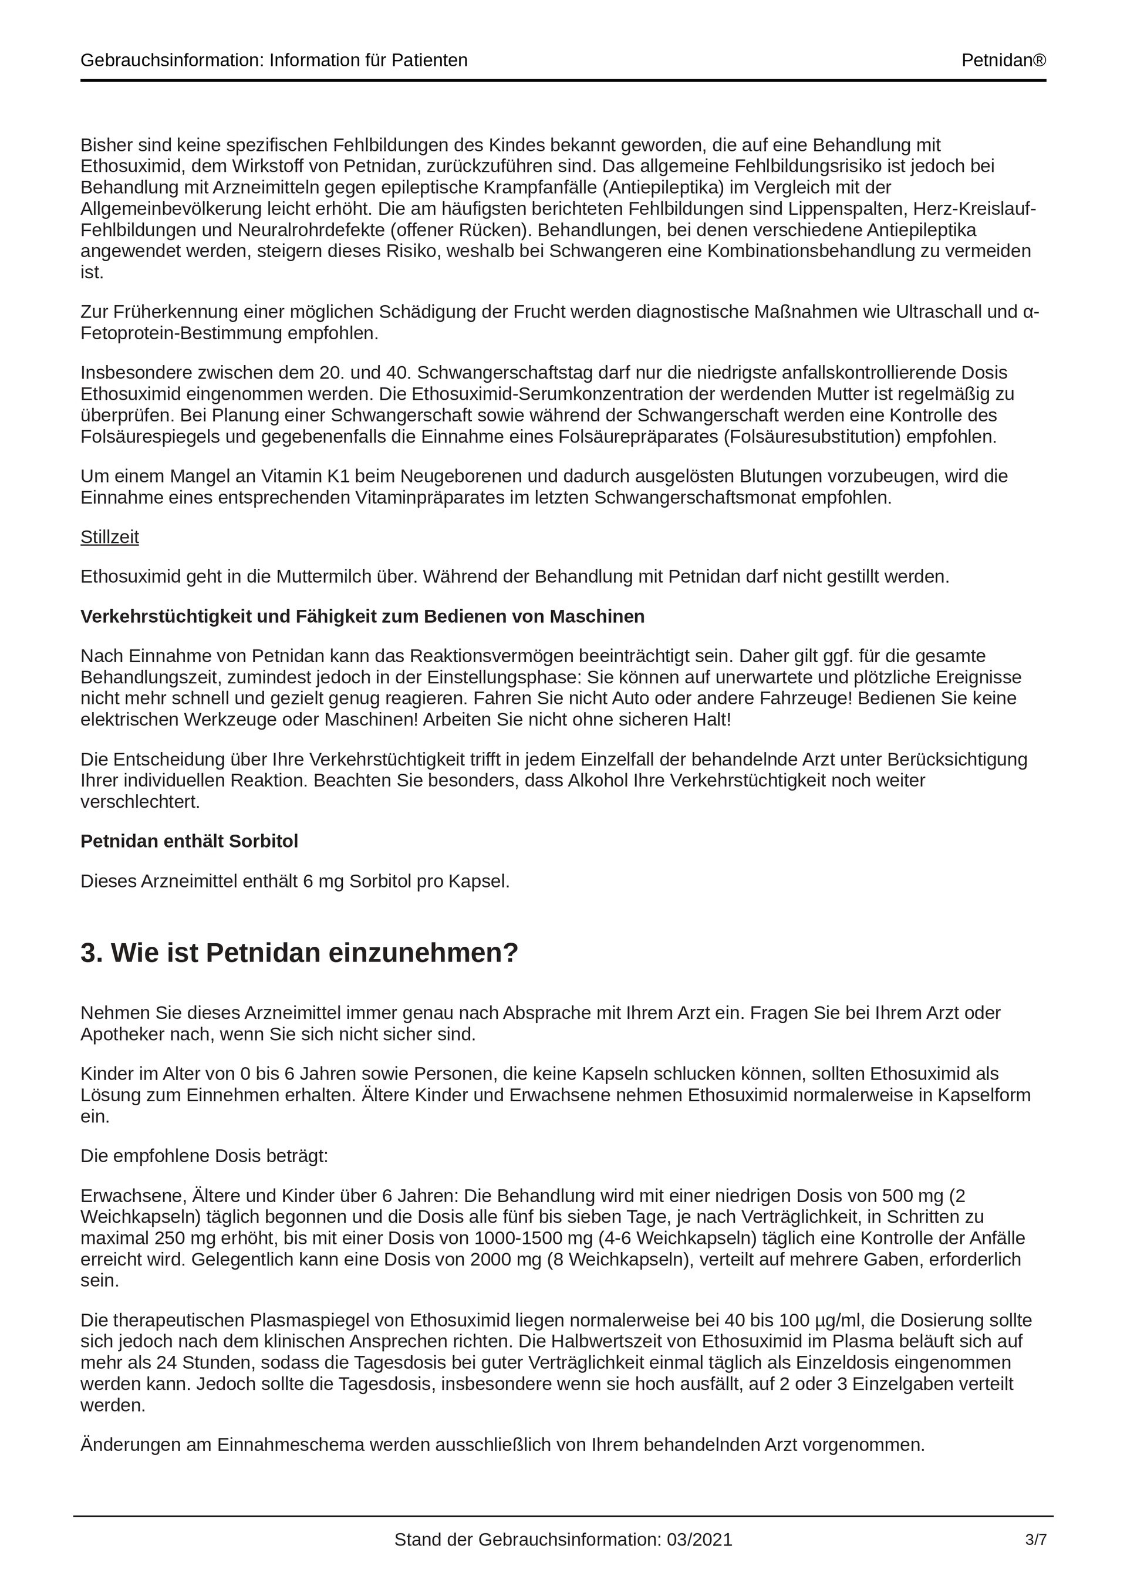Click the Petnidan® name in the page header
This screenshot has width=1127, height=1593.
pos(1003,60)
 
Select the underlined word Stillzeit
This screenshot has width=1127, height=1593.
pos(110,537)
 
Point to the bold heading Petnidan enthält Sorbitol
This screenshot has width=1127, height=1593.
pos(189,841)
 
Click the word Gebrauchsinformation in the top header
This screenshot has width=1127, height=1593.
pos(169,60)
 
